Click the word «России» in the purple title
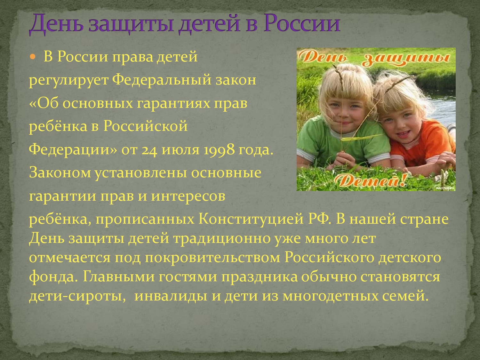tap(302, 23)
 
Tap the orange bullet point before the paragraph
tap(32, 57)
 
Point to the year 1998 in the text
tap(219, 150)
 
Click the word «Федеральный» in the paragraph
tap(162, 80)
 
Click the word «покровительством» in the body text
tap(212, 258)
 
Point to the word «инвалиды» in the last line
tap(171, 296)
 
